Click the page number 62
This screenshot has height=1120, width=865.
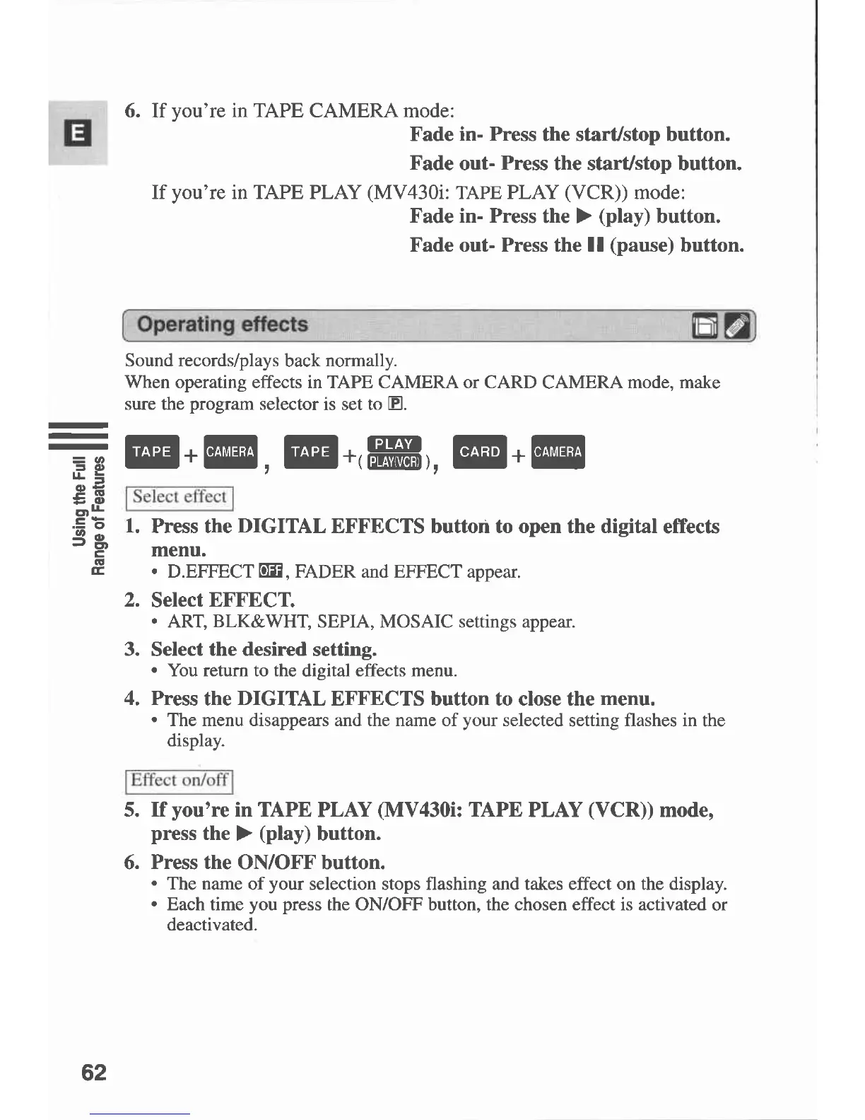click(x=94, y=1072)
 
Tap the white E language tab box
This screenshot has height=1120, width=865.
click(x=78, y=133)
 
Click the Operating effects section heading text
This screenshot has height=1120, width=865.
click(x=223, y=325)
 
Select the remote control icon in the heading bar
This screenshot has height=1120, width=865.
click(x=737, y=327)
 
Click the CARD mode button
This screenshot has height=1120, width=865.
click(x=480, y=452)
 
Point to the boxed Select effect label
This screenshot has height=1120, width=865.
click(x=180, y=497)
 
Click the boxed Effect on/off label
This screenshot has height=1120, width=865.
click(x=180, y=781)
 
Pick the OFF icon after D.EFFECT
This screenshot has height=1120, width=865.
click(x=271, y=571)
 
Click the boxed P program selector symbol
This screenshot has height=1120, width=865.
click(x=396, y=404)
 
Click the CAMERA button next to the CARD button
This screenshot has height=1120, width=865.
click(x=558, y=452)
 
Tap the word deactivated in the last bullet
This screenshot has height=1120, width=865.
click(x=211, y=925)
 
